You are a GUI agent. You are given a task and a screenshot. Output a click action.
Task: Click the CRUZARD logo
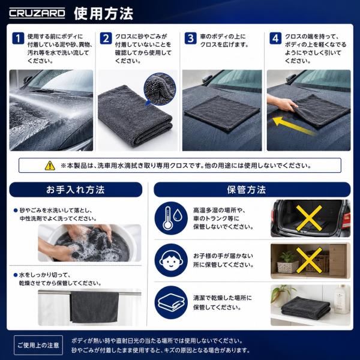coord(37,13)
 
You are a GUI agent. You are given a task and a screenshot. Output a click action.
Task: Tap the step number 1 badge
coord(18,38)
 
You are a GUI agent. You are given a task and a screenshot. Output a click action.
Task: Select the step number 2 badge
coord(106,38)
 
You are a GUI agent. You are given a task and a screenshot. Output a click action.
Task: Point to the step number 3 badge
coord(191,38)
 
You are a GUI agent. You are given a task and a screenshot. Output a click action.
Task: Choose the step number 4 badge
coord(275,38)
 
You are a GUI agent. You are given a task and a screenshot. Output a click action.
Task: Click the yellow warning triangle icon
coord(50,166)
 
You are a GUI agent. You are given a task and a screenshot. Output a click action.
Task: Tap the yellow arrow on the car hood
coord(293,126)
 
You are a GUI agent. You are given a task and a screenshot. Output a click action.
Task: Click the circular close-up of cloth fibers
coord(160,89)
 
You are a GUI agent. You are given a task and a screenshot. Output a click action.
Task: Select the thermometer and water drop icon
coord(171,218)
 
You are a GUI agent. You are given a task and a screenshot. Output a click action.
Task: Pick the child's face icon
coord(171,260)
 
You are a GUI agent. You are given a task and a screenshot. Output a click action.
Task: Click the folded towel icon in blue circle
coord(171,302)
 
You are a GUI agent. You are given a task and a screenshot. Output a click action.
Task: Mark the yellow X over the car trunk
coord(309,218)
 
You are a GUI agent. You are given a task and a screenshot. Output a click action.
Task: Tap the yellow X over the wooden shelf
coord(309,260)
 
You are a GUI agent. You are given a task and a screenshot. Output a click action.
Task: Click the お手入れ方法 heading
coord(76,190)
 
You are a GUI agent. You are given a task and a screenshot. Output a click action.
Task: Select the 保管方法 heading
coord(247,190)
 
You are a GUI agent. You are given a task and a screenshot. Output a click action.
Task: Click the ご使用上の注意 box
coord(38,345)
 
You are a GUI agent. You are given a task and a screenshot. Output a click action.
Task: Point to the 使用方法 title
coord(103,14)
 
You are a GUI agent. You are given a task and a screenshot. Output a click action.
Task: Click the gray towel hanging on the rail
coord(94,307)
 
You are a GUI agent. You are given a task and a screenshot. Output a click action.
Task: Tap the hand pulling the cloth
coord(282,103)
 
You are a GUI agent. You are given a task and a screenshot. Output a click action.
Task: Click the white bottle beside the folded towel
coord(341,299)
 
